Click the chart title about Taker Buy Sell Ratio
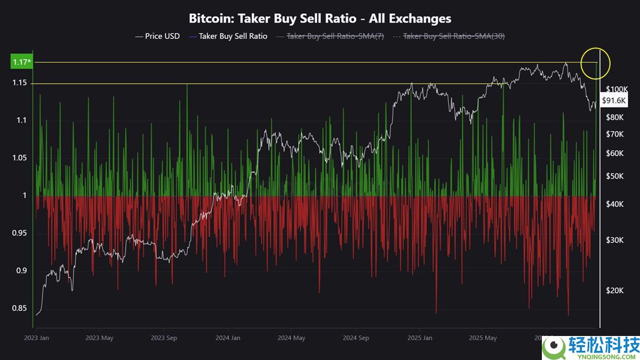(320, 18)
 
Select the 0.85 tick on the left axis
(19, 308)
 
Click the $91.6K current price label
(614, 100)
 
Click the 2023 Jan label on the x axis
(37, 338)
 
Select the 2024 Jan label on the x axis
(228, 338)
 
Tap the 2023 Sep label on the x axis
(164, 338)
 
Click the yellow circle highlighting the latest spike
(596, 63)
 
